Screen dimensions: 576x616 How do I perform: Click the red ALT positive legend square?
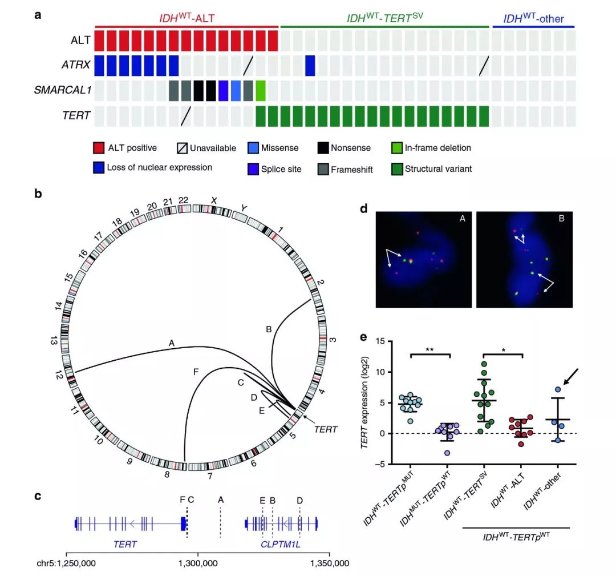click(99, 148)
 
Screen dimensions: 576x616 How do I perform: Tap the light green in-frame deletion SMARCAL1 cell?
click(261, 91)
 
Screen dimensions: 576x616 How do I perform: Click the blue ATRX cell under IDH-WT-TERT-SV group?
click(310, 66)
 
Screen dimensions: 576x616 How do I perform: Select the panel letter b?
click(38, 194)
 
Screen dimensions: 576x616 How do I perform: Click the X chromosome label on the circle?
click(215, 200)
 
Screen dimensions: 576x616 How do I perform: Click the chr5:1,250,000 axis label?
click(67, 564)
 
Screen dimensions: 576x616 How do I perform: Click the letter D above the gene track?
click(300, 500)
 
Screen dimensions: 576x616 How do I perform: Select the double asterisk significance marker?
click(430, 348)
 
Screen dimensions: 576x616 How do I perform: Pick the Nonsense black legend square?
click(323, 148)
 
